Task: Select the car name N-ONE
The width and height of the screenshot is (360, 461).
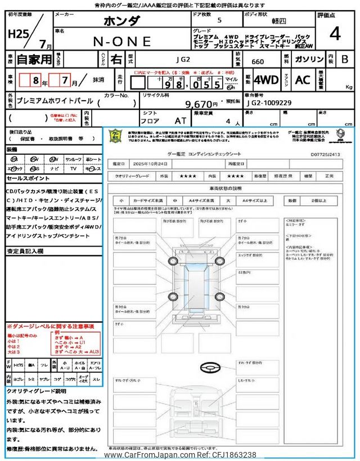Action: pos(123,41)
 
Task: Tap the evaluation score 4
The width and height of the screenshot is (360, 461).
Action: pos(335,34)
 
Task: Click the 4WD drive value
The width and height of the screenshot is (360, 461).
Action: pos(266,80)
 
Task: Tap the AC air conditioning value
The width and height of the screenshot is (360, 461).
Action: pos(303,80)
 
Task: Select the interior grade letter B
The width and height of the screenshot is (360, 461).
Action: pos(345,59)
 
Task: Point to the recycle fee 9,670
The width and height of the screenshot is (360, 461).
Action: pos(201,104)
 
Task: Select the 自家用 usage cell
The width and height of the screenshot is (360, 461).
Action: pos(27,59)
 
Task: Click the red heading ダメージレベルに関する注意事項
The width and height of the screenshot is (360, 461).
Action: pos(51,326)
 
